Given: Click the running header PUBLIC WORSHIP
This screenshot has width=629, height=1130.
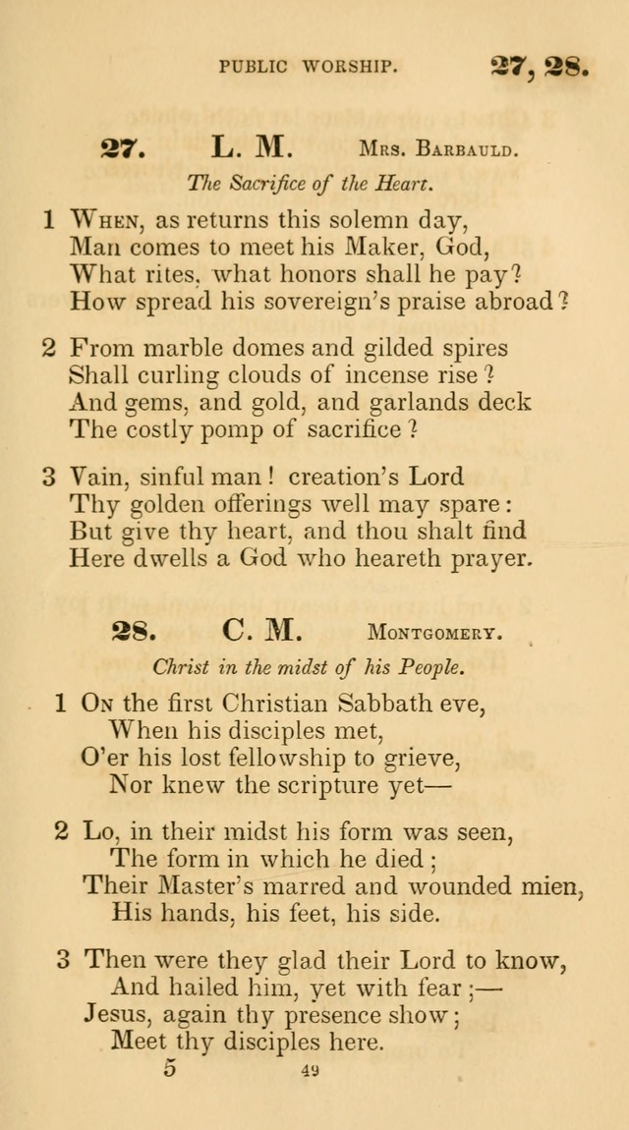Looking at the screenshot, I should tap(308, 66).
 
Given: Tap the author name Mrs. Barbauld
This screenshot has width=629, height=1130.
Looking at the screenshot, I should tap(437, 150).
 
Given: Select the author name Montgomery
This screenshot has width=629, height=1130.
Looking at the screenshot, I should tap(434, 632).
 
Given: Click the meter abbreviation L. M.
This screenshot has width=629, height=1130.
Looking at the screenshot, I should tap(252, 148).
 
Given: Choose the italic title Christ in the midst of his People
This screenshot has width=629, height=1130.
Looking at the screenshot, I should tap(308, 666).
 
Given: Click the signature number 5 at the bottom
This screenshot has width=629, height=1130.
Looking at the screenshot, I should tap(170, 1068).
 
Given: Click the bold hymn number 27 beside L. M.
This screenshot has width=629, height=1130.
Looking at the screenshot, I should tap(123, 149).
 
